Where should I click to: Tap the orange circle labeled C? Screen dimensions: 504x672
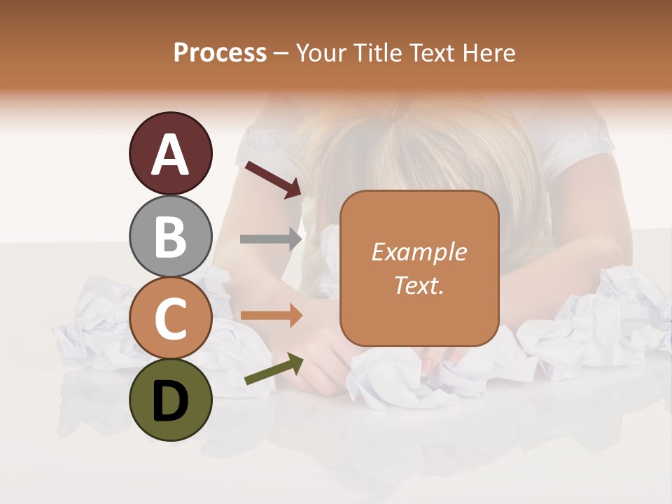click(170, 318)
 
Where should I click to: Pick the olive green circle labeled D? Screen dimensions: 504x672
click(170, 400)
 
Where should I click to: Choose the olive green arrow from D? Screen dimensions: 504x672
click(274, 370)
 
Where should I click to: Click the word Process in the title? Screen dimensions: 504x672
click(220, 53)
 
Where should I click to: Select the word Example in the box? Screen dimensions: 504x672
click(419, 252)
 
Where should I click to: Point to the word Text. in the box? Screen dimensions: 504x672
click(419, 285)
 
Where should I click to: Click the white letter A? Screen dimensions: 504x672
click(170, 155)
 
